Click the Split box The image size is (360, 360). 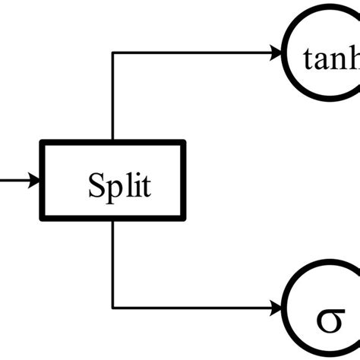tap(113, 181)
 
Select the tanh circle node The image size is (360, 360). tap(323, 57)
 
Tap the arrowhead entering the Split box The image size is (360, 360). tap(35, 181)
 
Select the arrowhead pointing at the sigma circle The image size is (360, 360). tap(276, 309)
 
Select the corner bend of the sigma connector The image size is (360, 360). tap(112, 309)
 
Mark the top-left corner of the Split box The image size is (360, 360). tap(43, 142)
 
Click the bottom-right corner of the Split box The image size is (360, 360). tap(184, 219)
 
